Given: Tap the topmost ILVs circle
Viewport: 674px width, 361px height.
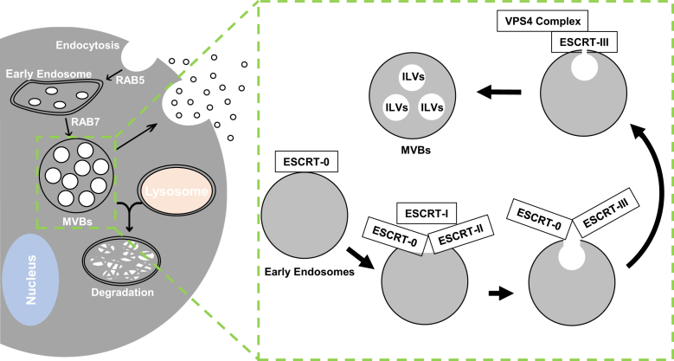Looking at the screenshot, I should pyautogui.click(x=411, y=77).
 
